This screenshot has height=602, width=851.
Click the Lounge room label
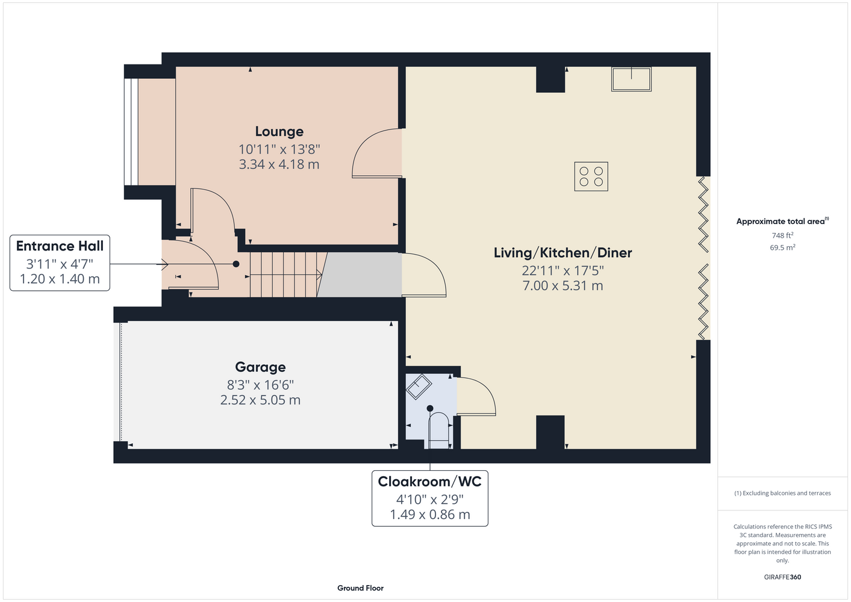[279, 131]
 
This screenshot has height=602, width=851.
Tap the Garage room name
[260, 367]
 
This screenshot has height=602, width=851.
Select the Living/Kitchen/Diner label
[563, 253]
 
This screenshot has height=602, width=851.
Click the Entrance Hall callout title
[60, 246]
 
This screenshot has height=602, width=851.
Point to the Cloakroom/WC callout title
[429, 482]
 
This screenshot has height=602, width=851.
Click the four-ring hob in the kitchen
[591, 176]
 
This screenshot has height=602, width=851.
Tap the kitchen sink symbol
[631, 79]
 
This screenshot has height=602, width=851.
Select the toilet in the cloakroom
[439, 430]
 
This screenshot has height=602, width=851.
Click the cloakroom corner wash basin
[419, 386]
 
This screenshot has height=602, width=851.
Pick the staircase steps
[285, 275]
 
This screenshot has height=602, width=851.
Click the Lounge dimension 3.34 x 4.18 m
[279, 164]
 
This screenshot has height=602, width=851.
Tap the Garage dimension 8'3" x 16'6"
[260, 385]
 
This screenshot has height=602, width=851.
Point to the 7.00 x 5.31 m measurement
[563, 285]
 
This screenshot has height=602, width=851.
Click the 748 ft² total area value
[782, 235]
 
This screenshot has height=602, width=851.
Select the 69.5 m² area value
[782, 247]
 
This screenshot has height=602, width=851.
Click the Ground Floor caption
[361, 588]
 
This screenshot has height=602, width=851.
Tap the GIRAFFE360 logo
[782, 577]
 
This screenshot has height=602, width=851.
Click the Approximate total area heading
[782, 221]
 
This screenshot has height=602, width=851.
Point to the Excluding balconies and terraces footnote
[782, 493]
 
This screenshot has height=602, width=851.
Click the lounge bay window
[131, 132]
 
